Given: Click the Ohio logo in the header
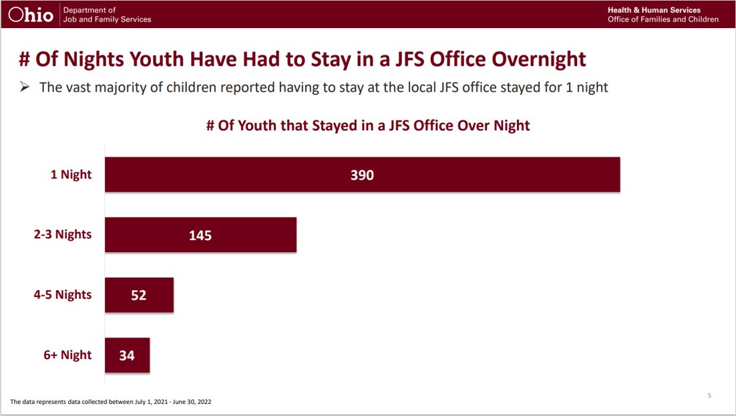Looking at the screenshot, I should click(x=31, y=15).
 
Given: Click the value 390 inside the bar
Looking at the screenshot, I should click(x=362, y=175).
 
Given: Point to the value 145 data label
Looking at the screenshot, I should click(x=200, y=235).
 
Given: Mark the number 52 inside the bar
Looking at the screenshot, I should click(x=138, y=296).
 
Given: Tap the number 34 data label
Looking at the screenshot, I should click(x=127, y=356).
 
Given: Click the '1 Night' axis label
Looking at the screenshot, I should click(x=71, y=175).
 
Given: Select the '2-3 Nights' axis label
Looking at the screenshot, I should click(x=63, y=235).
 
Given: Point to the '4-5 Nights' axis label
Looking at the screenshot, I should click(x=63, y=295).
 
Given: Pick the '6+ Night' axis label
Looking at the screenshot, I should click(x=67, y=355).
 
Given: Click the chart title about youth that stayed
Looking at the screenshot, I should click(x=367, y=126).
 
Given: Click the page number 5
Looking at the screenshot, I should click(x=709, y=396).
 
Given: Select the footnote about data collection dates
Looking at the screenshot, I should click(x=112, y=402).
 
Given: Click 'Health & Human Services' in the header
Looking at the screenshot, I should click(x=654, y=10).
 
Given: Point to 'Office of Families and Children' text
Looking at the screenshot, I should click(x=663, y=19).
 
